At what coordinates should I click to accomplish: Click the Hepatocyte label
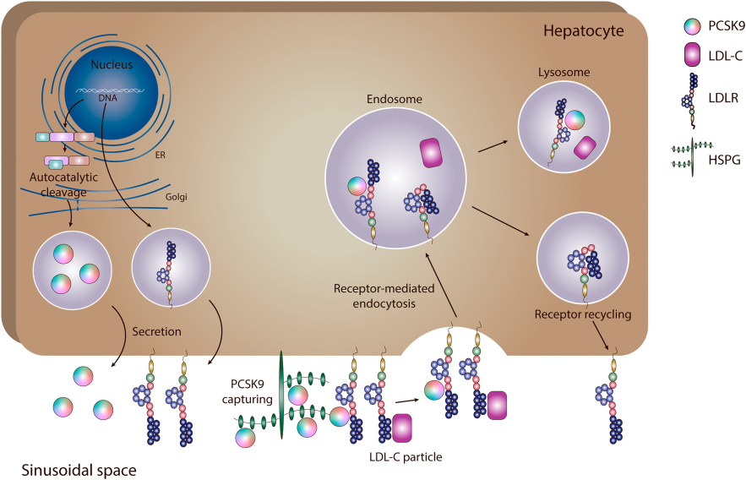pyautogui.click(x=584, y=31)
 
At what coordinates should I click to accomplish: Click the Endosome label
pyautogui.click(x=394, y=100)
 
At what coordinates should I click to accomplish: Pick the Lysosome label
pyautogui.click(x=564, y=73)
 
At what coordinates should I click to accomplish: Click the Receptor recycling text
pyautogui.click(x=582, y=315)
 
